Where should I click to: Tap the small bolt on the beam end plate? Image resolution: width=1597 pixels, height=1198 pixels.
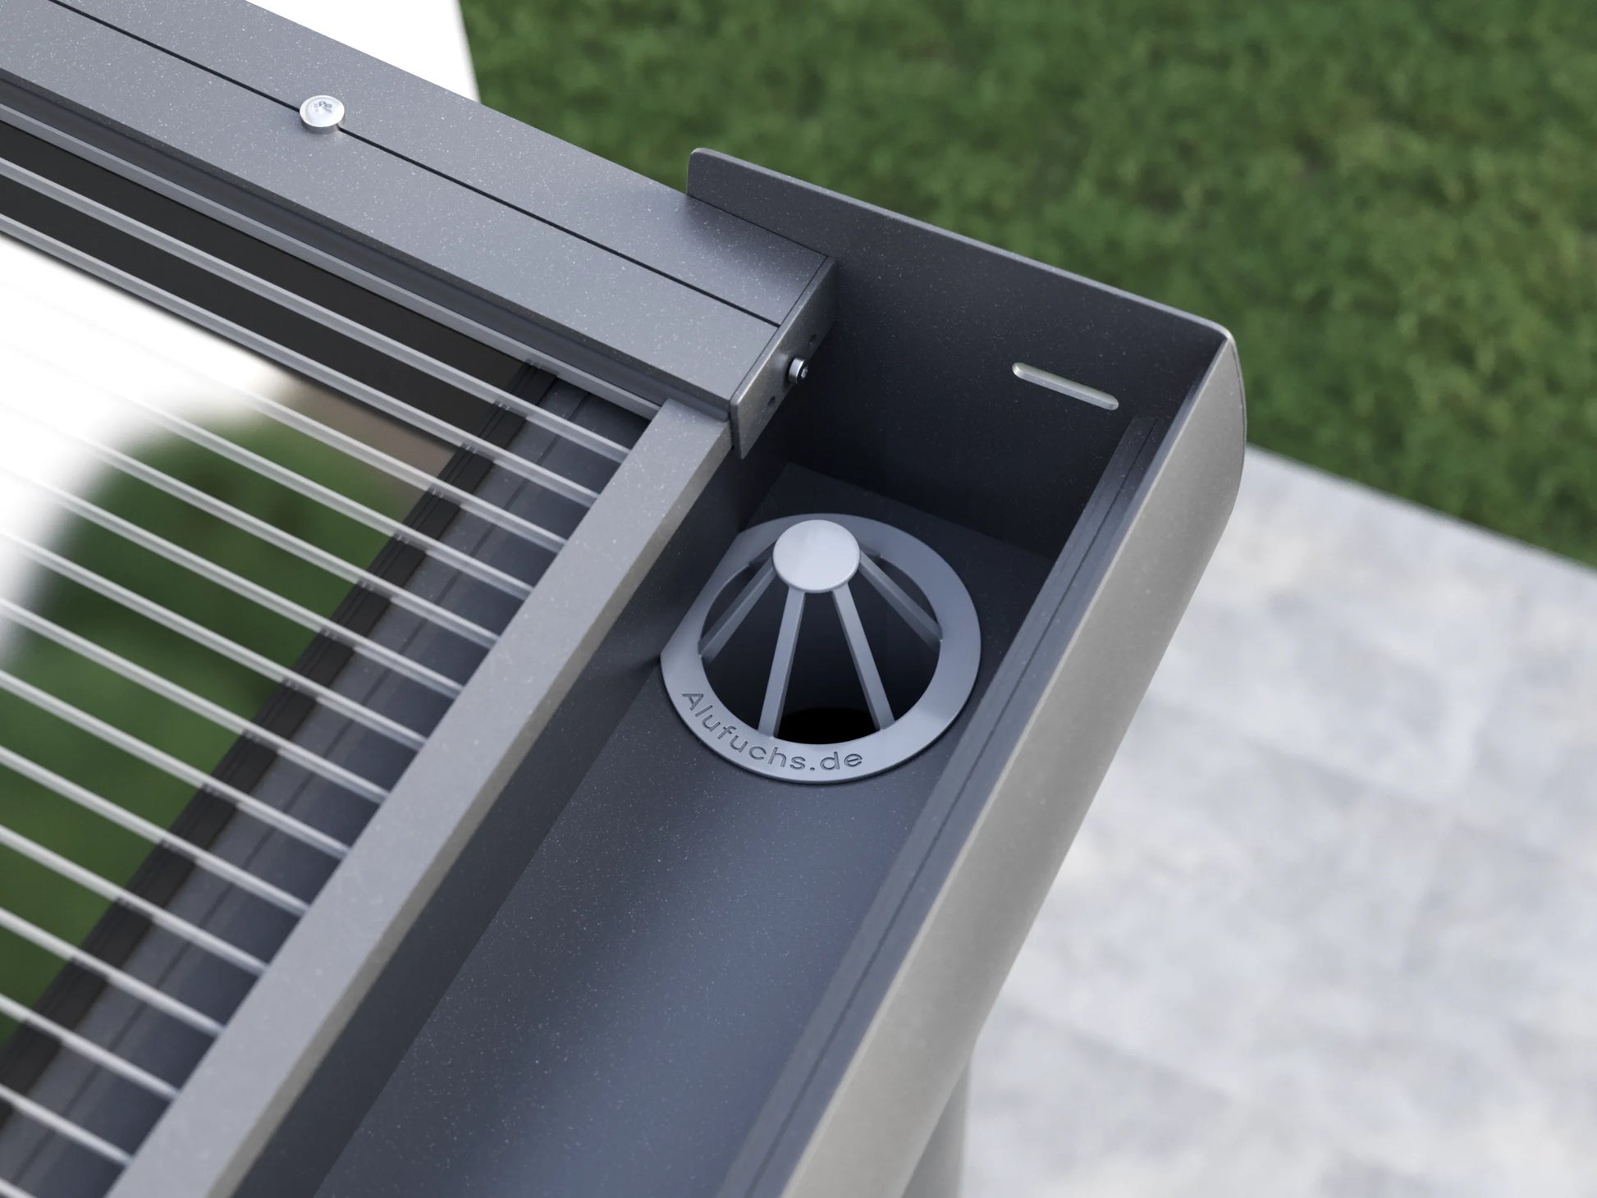point(798,368)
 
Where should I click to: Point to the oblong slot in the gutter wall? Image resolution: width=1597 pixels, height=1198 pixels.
point(1066,383)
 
